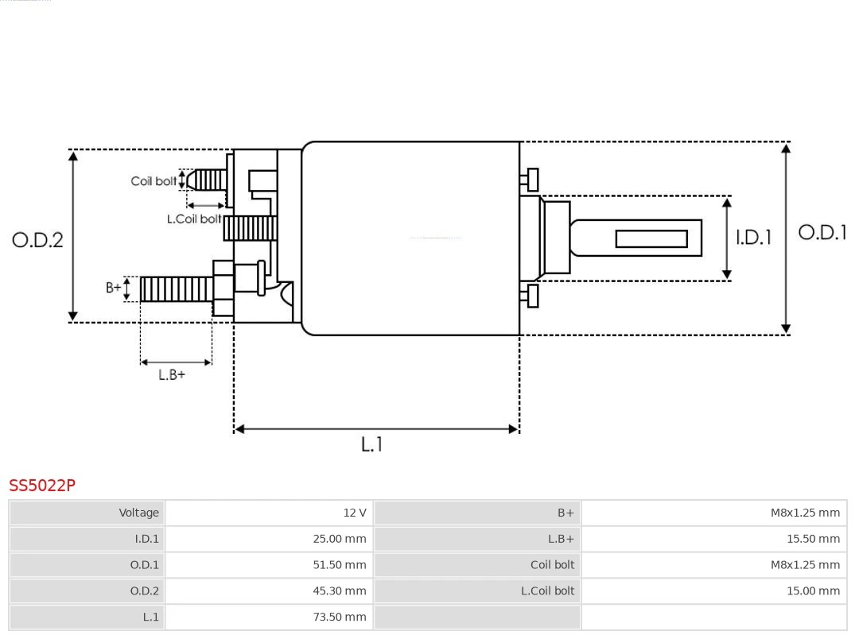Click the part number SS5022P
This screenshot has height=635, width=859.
coord(42,485)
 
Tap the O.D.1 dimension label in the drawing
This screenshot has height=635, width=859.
coord(822,232)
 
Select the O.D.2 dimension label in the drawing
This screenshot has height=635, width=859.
coord(37,239)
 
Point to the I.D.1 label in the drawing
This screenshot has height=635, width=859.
coord(752,237)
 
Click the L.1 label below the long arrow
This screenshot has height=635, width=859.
coord(372,444)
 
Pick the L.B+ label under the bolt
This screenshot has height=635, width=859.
coord(172,374)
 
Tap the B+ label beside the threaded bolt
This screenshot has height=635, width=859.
coord(114,288)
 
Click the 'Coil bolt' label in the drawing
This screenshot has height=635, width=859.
coord(153,181)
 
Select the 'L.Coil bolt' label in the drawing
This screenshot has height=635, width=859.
coord(193,219)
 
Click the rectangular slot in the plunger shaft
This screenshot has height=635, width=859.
coord(651,238)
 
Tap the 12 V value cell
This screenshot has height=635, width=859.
coord(354,513)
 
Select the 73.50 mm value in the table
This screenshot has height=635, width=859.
coord(340,617)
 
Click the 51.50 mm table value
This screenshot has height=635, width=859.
coord(340,565)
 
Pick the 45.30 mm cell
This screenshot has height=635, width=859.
coord(340,590)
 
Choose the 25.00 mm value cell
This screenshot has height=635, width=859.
coord(340,539)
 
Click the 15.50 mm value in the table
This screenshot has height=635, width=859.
coord(813,539)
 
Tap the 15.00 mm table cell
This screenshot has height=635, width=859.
coord(813,590)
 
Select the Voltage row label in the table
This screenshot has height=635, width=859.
coord(139,513)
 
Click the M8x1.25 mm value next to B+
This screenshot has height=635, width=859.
coord(805,513)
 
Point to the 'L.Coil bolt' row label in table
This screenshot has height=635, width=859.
coord(547,590)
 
